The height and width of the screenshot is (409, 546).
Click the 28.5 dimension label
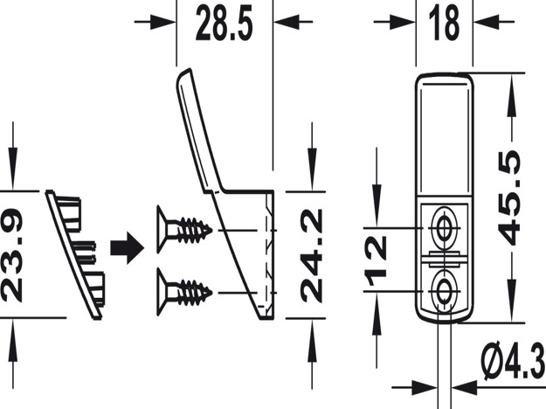coord(224,24)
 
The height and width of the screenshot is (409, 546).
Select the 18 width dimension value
coord(445,24)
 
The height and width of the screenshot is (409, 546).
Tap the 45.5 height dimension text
coord(509,198)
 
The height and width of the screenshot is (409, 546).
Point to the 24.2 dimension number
coord(311,255)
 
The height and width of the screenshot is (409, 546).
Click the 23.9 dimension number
coord(12,254)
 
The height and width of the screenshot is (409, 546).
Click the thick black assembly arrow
coord(127,247)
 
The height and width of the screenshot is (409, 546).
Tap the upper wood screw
coord(184,230)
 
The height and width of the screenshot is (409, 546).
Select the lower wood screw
coord(184,292)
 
